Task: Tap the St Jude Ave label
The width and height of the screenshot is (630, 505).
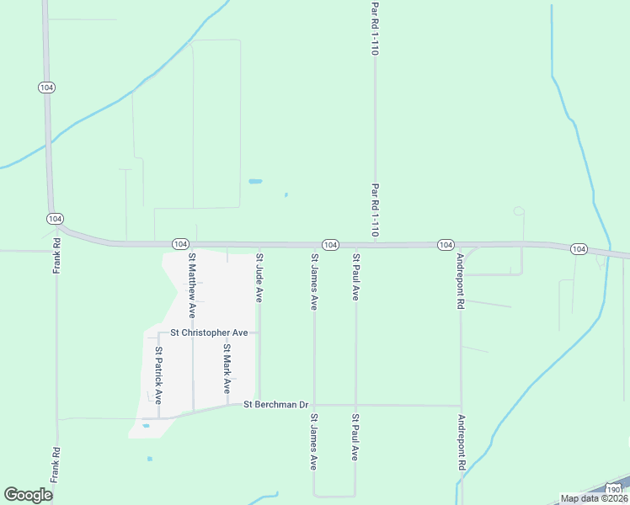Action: (259, 279)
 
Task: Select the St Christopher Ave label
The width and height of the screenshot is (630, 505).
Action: (209, 332)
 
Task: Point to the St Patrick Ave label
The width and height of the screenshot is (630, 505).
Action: (157, 375)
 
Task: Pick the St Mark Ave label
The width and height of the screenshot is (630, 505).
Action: (227, 369)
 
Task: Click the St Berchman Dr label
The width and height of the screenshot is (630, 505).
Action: (276, 405)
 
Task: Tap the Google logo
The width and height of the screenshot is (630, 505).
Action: (28, 495)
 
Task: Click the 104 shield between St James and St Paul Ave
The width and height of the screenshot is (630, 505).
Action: (330, 244)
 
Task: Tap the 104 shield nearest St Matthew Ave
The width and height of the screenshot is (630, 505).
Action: (179, 243)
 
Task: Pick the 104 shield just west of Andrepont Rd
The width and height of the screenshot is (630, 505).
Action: (446, 244)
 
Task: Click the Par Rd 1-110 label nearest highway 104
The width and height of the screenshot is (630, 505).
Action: (375, 210)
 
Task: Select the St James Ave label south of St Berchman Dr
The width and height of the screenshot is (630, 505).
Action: (313, 441)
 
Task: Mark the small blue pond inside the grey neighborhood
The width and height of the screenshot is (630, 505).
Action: (146, 426)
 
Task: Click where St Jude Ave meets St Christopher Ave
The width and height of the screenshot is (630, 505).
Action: (259, 332)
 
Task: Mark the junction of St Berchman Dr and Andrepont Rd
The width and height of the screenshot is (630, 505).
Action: (461, 406)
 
